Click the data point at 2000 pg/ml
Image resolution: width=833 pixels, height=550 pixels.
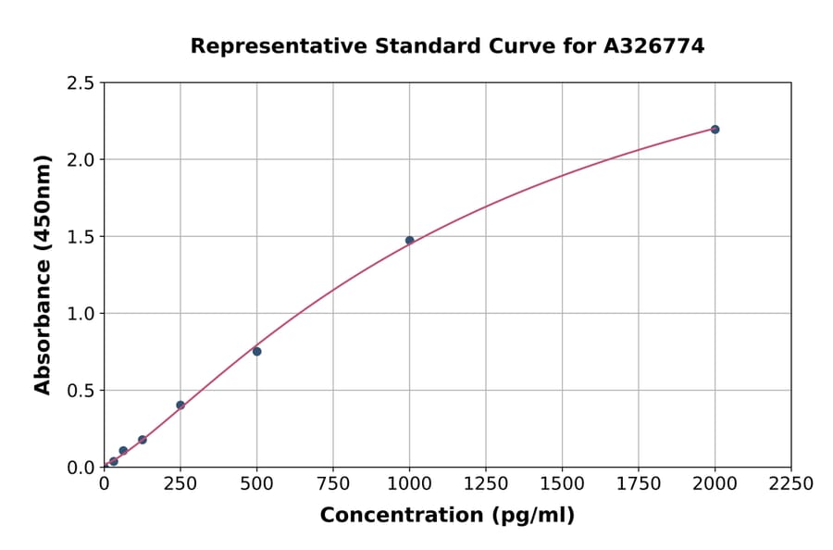pyautogui.click(x=715, y=130)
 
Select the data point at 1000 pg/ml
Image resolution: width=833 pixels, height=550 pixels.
pyautogui.click(x=409, y=241)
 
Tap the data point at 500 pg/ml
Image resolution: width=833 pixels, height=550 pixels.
pyautogui.click(x=256, y=351)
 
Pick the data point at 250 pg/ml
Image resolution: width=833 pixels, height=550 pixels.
pyautogui.click(x=180, y=405)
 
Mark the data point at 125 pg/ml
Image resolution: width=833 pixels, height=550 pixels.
pyautogui.click(x=142, y=440)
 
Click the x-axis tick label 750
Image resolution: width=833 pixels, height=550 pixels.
pyautogui.click(x=333, y=484)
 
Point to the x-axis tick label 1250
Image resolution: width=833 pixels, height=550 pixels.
pyautogui.click(x=486, y=484)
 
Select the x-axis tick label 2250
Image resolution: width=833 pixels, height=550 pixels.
pyautogui.click(x=790, y=484)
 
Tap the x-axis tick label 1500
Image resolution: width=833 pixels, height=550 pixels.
pyautogui.click(x=562, y=484)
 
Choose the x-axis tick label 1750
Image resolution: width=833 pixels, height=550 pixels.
pyautogui.click(x=639, y=484)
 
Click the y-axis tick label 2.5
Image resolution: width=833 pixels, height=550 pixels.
pyautogui.click(x=81, y=83)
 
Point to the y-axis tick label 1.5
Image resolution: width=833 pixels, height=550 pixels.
pyautogui.click(x=81, y=237)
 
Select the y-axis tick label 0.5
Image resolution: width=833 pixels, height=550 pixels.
pyautogui.click(x=81, y=391)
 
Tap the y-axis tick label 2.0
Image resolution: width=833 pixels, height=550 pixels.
pyautogui.click(x=81, y=160)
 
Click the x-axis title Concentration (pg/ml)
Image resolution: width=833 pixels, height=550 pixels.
pyautogui.click(x=447, y=516)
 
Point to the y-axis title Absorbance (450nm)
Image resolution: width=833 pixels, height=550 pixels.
pyautogui.click(x=43, y=275)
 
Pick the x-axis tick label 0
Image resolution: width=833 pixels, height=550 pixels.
pyautogui.click(x=104, y=484)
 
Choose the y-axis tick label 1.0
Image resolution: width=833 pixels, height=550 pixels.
pyautogui.click(x=81, y=314)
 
